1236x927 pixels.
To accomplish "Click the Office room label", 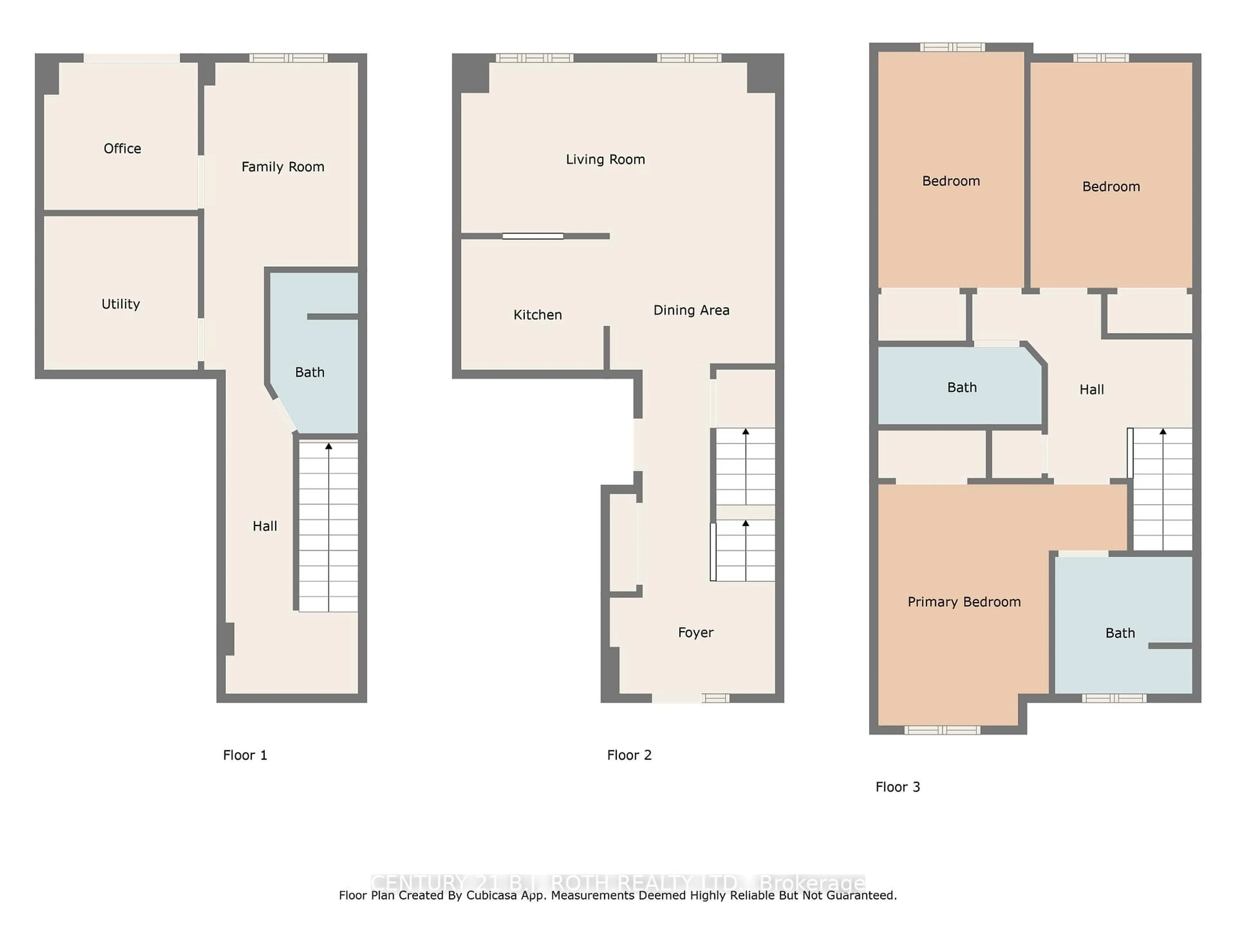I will pos(122,149).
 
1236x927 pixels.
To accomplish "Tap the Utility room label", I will pos(121,304).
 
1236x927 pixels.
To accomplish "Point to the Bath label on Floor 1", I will pos(310,372).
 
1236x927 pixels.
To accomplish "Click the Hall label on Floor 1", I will pos(265,526).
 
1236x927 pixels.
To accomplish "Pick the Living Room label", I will pos(605,160).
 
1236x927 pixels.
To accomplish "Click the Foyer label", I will pos(696,632).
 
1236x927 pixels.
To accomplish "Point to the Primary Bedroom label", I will pos(964,602).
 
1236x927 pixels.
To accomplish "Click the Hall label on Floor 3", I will pos(1091,389).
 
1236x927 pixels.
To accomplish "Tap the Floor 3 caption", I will pos(897,787).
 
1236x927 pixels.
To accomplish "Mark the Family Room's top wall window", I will pos(288,58).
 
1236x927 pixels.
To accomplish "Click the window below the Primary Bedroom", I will pos(942,730).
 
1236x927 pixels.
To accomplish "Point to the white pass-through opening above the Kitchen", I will pos(532,236).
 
